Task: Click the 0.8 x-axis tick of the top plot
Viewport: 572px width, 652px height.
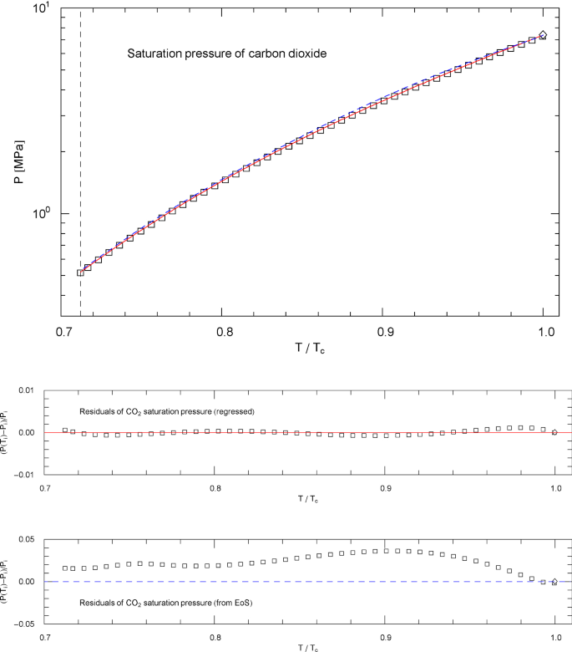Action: click(x=221, y=333)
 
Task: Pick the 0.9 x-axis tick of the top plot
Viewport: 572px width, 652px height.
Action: click(x=382, y=333)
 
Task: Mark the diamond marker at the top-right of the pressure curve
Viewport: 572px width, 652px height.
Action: click(x=543, y=35)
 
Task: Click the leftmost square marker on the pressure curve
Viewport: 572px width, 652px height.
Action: click(x=80, y=273)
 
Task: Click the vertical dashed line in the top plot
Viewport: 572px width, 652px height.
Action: click(x=80, y=167)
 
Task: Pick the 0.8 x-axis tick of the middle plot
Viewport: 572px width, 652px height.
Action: click(x=215, y=486)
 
